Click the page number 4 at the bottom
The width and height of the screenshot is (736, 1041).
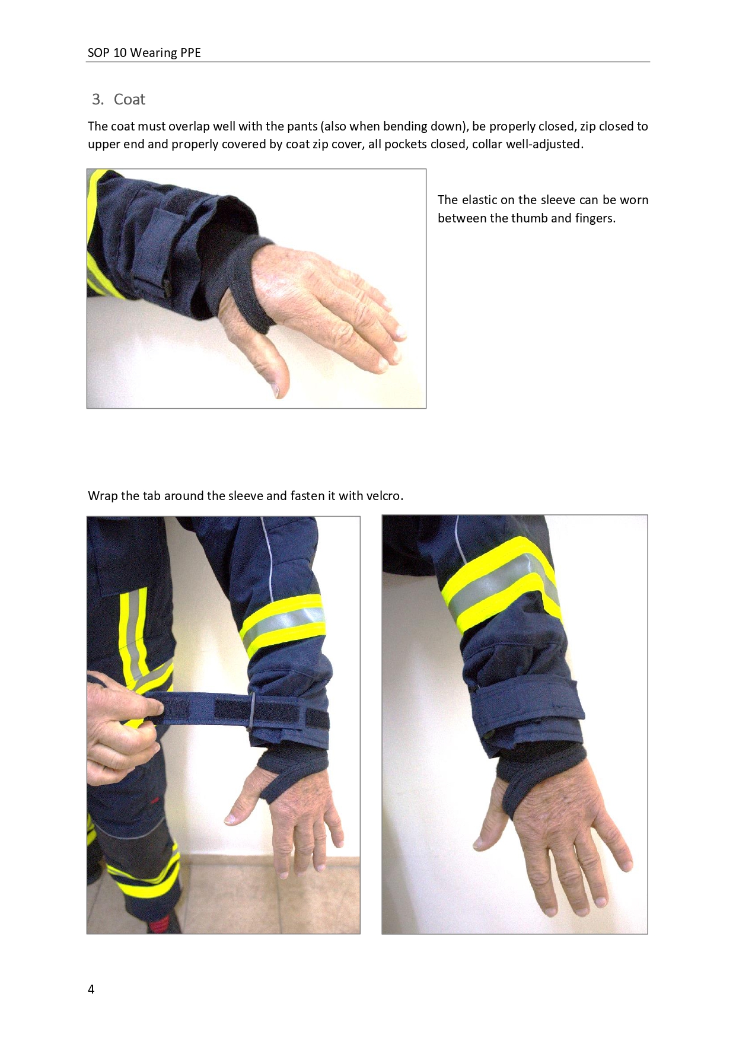tap(91, 989)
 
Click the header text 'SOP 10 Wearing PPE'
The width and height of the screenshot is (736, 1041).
tap(144, 53)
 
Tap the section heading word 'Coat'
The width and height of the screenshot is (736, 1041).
tap(129, 99)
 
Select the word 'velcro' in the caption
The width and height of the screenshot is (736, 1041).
tap(383, 495)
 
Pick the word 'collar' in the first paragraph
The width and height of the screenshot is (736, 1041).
tap(486, 144)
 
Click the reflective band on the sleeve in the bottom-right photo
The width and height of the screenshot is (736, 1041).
tap(501, 584)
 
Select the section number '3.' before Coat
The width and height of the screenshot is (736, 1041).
tap(98, 99)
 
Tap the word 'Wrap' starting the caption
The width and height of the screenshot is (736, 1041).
tap(103, 495)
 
